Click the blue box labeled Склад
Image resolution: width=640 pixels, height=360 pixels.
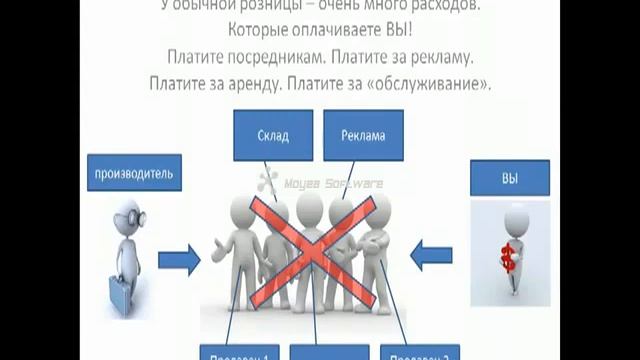[x=272, y=135]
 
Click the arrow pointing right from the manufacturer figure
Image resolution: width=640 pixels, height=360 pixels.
[x=181, y=262]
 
